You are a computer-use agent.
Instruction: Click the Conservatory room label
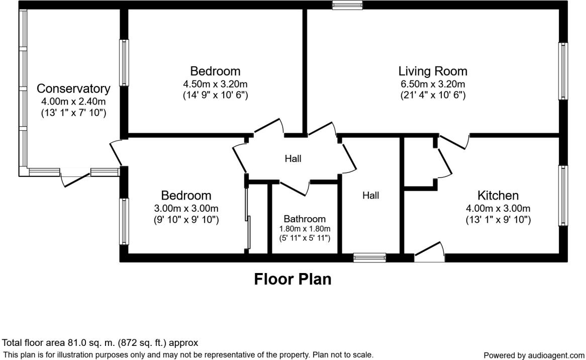73,89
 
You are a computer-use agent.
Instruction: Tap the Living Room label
432,71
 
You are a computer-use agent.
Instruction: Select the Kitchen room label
498,195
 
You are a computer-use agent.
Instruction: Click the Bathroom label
305,219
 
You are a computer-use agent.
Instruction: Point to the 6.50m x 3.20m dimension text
432,84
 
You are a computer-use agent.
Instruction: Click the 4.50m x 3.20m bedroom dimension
215,84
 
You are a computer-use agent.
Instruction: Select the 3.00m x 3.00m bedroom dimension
186,208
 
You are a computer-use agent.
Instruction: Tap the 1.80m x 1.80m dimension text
305,228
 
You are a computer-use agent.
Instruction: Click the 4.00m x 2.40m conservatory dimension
73,102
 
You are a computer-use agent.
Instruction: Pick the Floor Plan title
292,279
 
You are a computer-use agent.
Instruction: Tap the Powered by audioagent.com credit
534,355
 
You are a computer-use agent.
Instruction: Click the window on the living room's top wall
347,5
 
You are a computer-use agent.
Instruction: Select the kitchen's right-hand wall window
563,195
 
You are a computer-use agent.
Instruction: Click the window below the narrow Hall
369,258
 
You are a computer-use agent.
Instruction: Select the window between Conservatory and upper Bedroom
123,62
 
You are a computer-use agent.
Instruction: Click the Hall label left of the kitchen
371,196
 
